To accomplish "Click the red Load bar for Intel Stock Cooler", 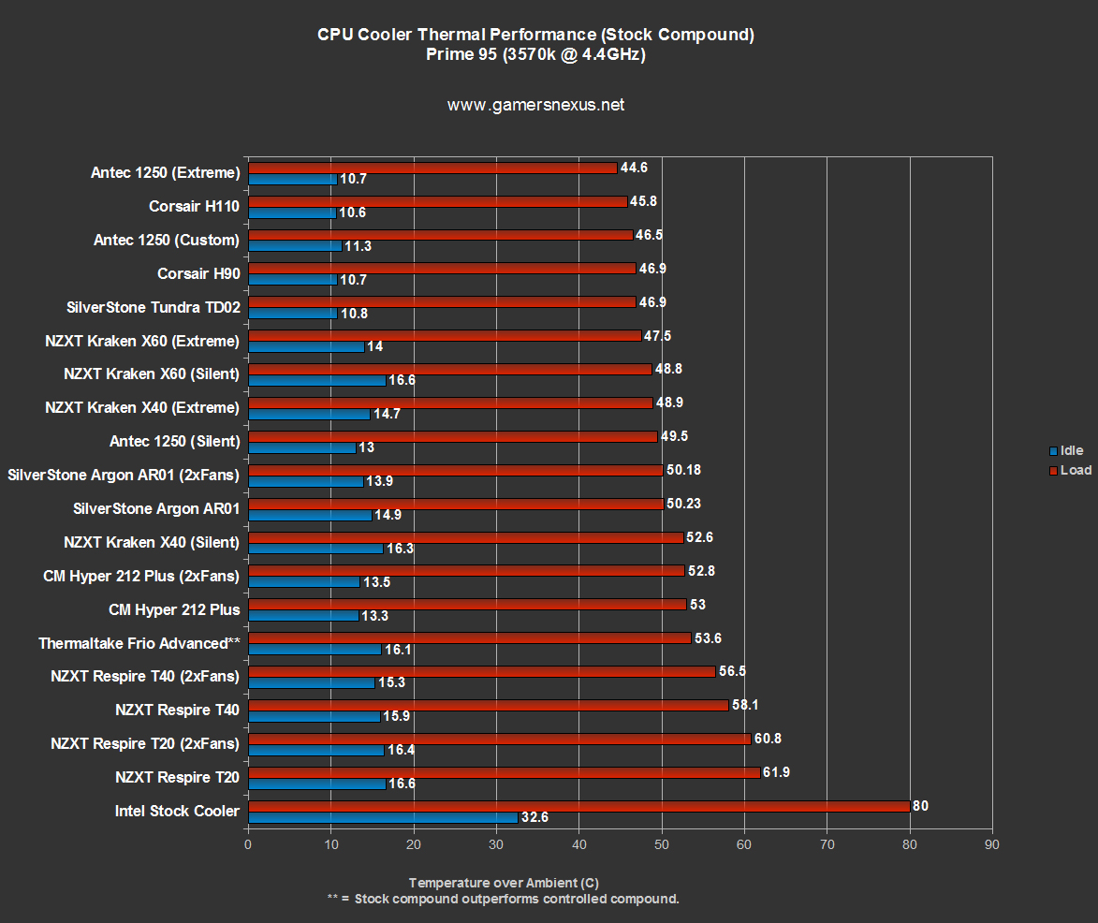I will click(x=578, y=806).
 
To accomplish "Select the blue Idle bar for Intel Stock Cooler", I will click(x=383, y=817).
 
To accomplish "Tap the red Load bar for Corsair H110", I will click(x=437, y=201).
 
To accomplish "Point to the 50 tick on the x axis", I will click(x=662, y=844).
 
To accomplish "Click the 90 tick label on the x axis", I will click(x=992, y=844).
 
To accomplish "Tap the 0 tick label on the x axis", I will click(x=248, y=844).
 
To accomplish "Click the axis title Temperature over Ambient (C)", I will click(x=504, y=883).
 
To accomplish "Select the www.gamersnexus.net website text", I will click(x=535, y=105).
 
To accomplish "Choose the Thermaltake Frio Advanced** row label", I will click(x=139, y=643).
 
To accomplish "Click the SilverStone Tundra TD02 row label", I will click(x=153, y=307).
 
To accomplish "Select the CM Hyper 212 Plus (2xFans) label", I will click(x=140, y=576).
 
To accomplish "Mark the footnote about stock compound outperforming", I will click(x=503, y=899).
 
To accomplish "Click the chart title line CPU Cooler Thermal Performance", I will click(x=535, y=35).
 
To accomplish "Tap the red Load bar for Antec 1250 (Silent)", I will click(x=452, y=436).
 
